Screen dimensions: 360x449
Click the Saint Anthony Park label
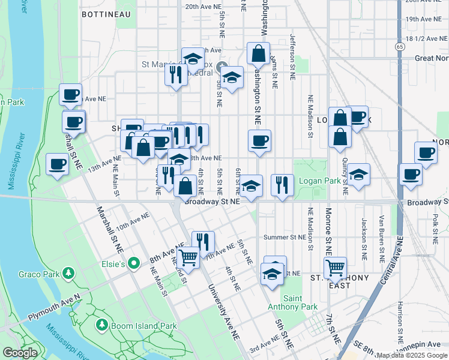(300, 302)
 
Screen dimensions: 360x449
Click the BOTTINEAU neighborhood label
(106, 13)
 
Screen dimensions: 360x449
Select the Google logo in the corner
(20, 353)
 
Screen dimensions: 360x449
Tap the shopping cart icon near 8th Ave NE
(188, 258)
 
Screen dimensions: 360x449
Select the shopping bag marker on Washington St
(259, 54)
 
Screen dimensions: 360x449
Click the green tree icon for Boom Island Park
(101, 325)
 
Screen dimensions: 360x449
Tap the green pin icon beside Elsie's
(135, 263)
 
